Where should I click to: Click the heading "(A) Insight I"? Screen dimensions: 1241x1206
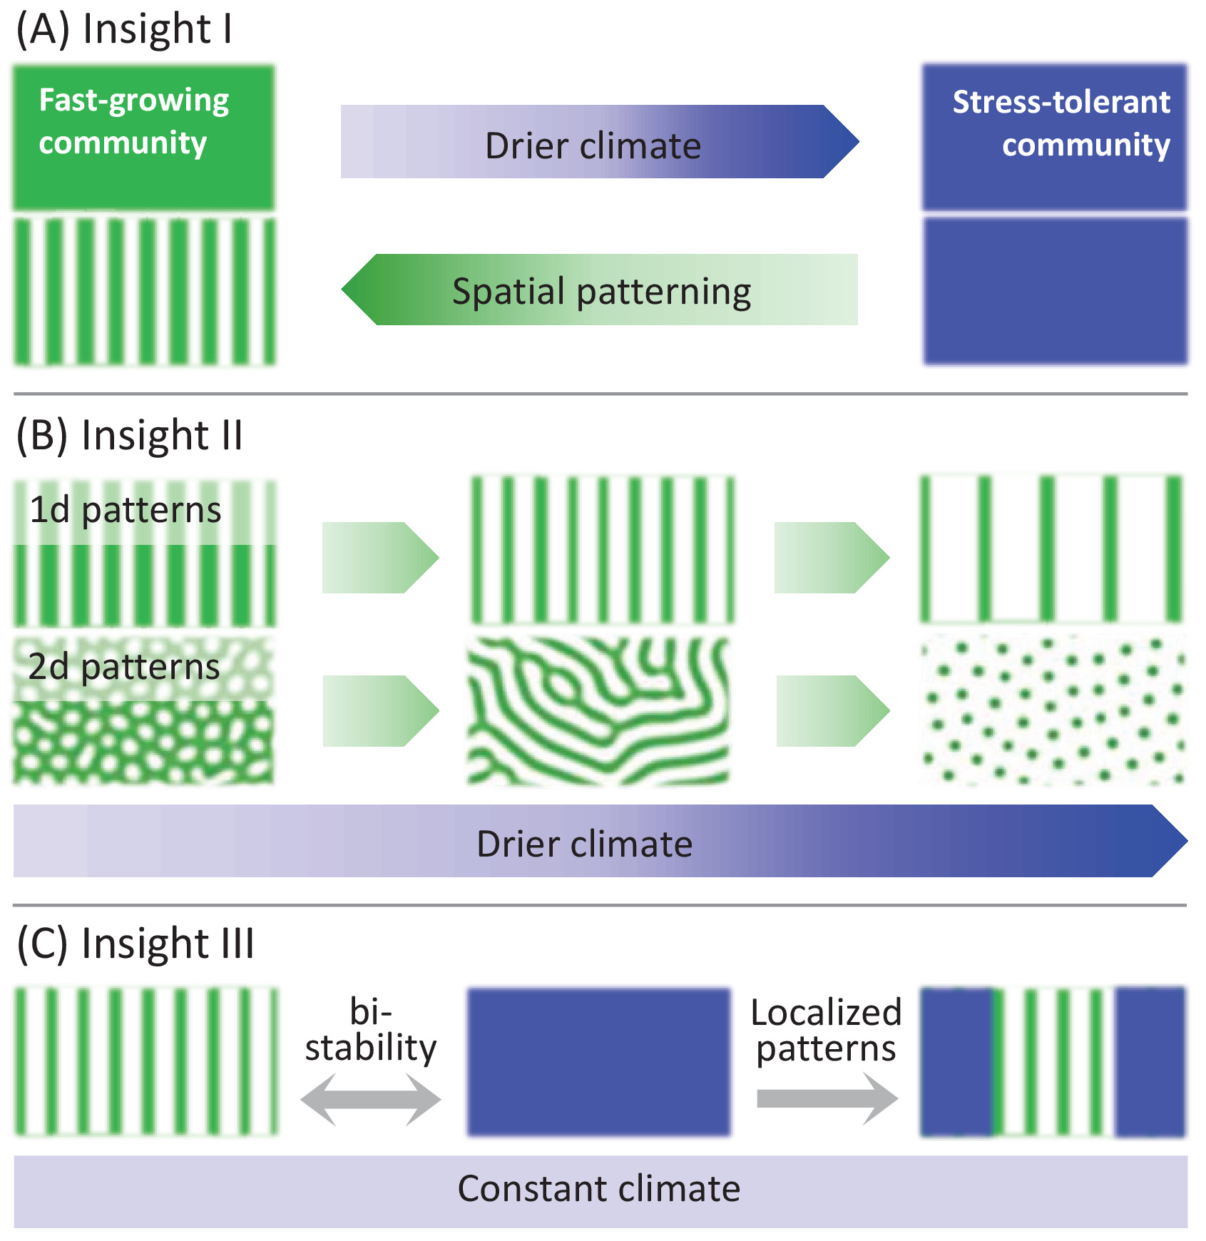(124, 30)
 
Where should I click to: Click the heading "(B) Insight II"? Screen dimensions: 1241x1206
(130, 435)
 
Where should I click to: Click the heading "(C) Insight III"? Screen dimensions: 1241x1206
(136, 944)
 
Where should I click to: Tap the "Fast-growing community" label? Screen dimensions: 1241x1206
(134, 121)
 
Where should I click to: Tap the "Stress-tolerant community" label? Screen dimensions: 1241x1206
(1061, 123)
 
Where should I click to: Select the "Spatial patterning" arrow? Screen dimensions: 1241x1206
(601, 290)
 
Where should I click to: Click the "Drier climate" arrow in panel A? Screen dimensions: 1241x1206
(599, 143)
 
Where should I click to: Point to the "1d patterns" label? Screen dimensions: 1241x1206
(126, 510)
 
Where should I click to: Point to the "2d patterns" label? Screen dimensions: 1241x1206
(124, 667)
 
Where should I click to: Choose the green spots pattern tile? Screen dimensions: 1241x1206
(1053, 710)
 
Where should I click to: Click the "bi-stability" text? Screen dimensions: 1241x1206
(371, 1030)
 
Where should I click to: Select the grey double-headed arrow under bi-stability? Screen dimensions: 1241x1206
(371, 1099)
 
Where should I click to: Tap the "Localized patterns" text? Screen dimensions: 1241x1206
(826, 1031)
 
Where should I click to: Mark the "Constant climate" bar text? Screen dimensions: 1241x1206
(599, 1189)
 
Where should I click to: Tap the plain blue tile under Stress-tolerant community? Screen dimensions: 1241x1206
(1056, 291)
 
